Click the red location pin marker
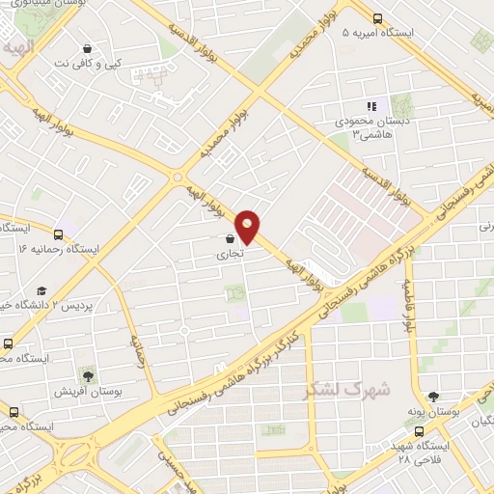tap(248, 226)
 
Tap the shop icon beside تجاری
tap(229, 238)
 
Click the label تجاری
tap(230, 256)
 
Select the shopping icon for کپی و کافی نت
tap(89, 47)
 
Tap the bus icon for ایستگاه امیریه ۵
tap(377, 16)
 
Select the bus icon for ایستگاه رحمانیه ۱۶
tap(59, 233)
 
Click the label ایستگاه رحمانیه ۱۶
tap(59, 249)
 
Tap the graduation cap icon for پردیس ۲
tap(41, 290)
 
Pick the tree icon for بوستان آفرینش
tap(88, 374)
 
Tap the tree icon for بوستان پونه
tap(431, 396)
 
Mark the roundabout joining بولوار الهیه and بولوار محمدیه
tap(177, 176)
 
